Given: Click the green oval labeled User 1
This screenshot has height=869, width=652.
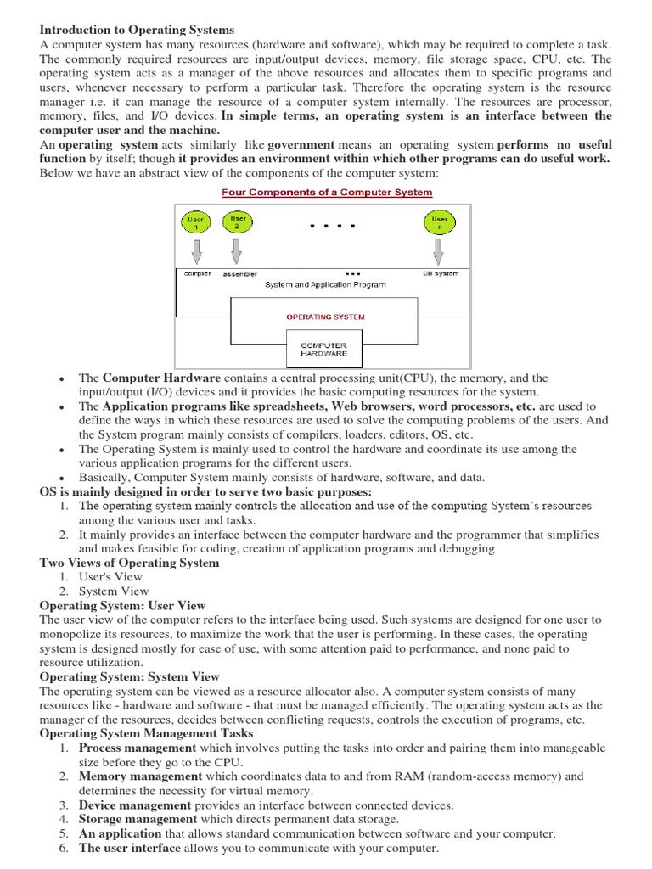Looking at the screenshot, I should point(197,224).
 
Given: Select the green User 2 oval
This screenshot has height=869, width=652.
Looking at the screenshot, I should point(239,222).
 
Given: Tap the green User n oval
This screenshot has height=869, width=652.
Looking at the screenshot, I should point(437,224).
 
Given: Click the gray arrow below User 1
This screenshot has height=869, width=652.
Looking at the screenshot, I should point(197,251).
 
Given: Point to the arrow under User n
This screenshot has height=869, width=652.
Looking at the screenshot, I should point(437,251).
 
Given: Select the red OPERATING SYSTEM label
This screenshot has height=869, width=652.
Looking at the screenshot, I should point(325,317).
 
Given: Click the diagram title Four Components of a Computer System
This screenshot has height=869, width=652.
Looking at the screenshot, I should point(327,192).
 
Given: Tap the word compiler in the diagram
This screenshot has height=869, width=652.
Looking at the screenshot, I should point(198,273).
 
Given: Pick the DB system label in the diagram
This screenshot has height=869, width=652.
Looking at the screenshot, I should point(441,273).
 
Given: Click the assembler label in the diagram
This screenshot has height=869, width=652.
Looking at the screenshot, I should point(239,274).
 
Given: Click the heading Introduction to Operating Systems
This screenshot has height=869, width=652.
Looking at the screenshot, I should point(137,30).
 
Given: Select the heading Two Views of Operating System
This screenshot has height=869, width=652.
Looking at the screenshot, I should point(129,563).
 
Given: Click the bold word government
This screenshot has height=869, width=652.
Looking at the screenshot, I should point(301,144).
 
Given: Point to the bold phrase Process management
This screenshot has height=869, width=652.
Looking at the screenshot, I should point(138,748).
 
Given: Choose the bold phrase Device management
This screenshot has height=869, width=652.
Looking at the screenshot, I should point(135,805).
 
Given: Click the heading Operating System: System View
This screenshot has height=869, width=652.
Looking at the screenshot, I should point(129,676).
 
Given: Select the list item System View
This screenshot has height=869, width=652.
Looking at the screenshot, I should point(114,591).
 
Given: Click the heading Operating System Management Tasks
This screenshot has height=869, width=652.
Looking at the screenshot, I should point(146,733).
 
